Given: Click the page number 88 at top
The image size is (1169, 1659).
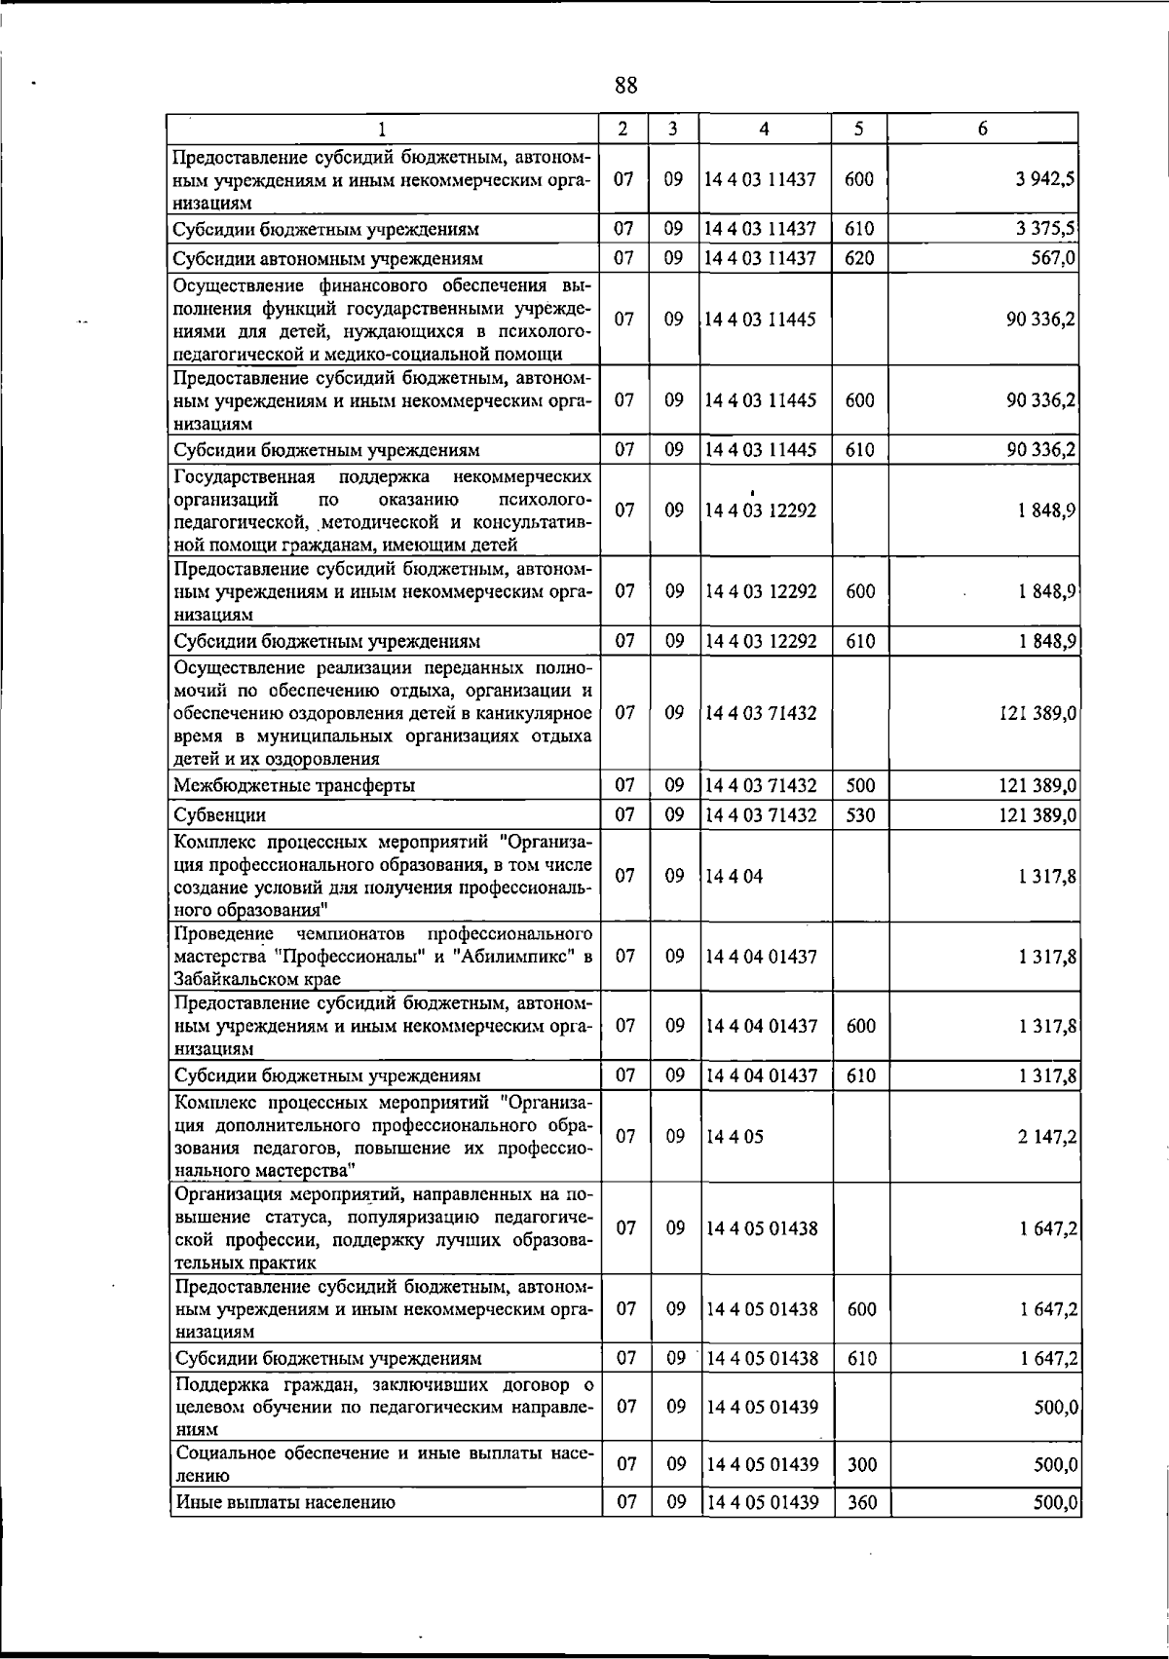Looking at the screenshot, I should [x=626, y=86].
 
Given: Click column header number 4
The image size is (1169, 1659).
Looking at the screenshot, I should [x=764, y=129].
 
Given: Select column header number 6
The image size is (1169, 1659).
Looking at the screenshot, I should [x=983, y=129].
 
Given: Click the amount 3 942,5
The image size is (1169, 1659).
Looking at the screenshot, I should [x=1045, y=179].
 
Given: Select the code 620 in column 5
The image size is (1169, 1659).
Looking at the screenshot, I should [x=860, y=258].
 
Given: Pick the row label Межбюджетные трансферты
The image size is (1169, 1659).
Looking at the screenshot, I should [x=293, y=785].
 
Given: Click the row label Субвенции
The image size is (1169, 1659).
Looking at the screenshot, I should [x=219, y=815].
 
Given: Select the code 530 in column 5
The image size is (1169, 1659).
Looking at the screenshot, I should [x=860, y=814].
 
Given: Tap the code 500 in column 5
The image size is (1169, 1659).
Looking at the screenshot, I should [x=860, y=785].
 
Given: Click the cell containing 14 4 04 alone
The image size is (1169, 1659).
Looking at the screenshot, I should [x=735, y=876].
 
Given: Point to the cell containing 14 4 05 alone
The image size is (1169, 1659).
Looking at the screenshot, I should [x=735, y=1136].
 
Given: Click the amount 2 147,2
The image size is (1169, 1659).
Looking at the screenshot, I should [x=1047, y=1137].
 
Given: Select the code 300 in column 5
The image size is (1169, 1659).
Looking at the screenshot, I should [x=861, y=1464].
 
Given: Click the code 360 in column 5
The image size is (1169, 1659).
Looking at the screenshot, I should [x=861, y=1503].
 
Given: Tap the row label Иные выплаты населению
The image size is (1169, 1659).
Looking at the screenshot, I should [x=284, y=1503].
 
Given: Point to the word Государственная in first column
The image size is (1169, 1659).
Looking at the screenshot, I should [x=245, y=476].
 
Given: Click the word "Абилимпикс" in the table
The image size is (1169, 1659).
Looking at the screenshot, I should [x=522, y=957].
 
